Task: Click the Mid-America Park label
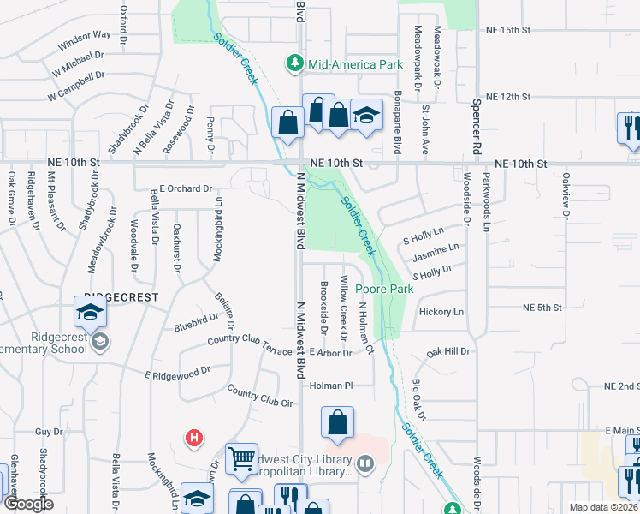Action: (x=355, y=63)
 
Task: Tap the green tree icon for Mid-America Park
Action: (x=295, y=63)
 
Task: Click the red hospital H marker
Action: (x=195, y=438)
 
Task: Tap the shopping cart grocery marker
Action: (x=241, y=457)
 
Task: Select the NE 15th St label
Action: (x=507, y=30)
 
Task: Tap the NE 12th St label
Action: (x=508, y=97)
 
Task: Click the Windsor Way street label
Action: (x=85, y=40)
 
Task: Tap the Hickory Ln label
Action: (x=441, y=312)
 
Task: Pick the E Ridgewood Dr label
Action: (x=177, y=373)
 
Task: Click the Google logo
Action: (x=29, y=503)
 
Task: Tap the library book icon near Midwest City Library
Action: (x=366, y=465)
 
